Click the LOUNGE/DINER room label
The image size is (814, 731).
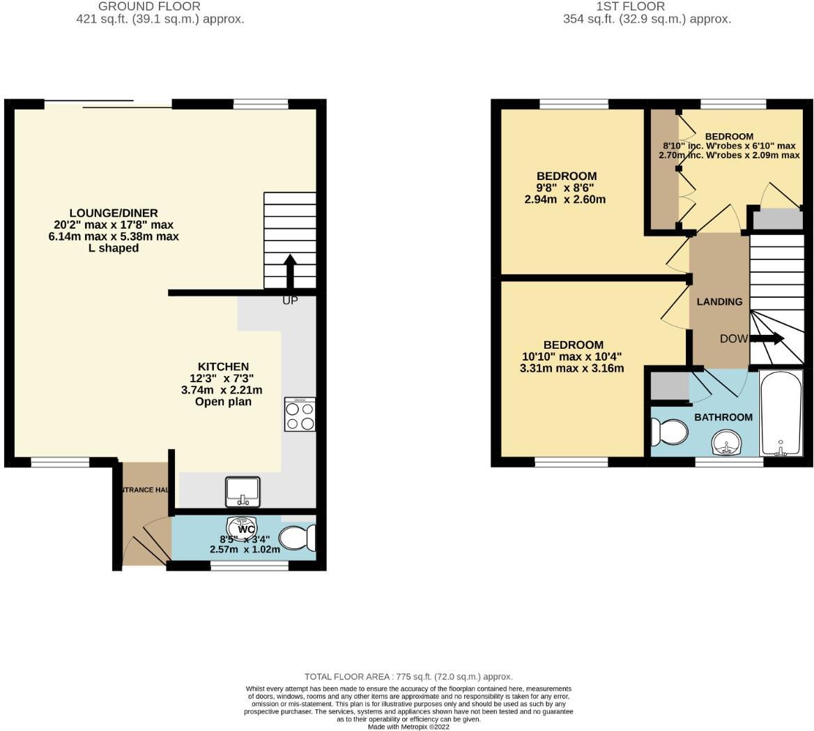(114, 213)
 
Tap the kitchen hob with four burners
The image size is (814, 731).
(300, 414)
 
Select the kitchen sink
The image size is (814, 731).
(243, 491)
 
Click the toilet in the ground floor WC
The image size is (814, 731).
(297, 538)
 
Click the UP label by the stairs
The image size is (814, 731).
(290, 301)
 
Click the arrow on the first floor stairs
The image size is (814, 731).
(767, 339)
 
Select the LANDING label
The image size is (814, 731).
(720, 302)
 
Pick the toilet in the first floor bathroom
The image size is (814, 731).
(668, 432)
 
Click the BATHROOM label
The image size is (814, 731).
(723, 417)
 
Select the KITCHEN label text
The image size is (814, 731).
(223, 366)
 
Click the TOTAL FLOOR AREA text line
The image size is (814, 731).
(408, 677)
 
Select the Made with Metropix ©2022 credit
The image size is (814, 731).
(408, 726)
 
